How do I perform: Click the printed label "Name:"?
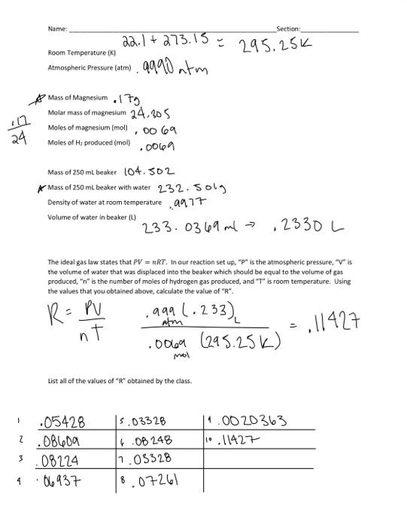click(x=57, y=29)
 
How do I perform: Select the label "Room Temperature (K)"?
click(x=82, y=53)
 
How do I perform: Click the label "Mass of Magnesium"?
click(x=77, y=99)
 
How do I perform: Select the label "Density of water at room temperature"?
click(x=105, y=202)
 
